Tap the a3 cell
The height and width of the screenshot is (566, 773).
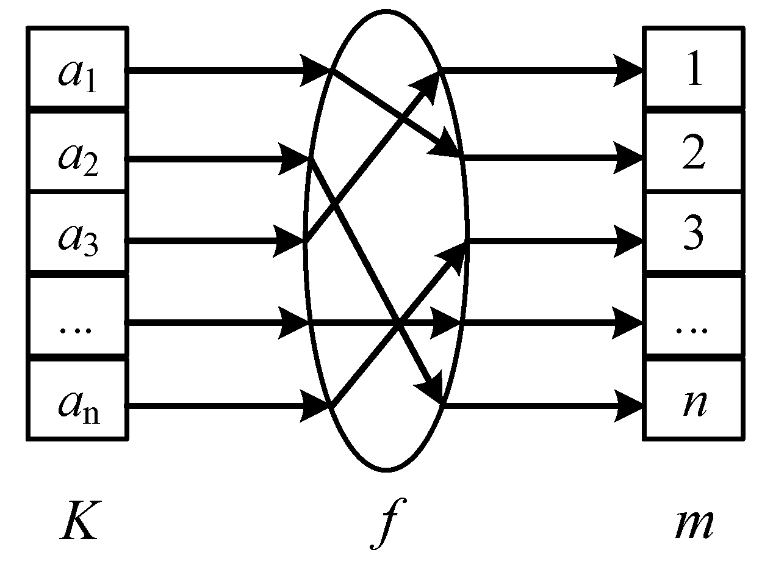click(x=77, y=235)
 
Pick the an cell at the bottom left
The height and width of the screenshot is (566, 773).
click(x=77, y=400)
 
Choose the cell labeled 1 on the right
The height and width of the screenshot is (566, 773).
click(x=694, y=70)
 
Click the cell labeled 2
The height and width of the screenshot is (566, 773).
click(x=694, y=153)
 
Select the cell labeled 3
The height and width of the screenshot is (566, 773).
click(x=694, y=235)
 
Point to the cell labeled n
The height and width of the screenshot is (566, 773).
click(x=694, y=400)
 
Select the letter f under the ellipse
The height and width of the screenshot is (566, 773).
click(x=384, y=523)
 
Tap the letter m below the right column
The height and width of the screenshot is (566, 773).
click(x=694, y=523)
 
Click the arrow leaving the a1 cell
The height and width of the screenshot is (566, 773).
click(x=220, y=70)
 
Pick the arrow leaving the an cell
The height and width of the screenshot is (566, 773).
click(x=220, y=405)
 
